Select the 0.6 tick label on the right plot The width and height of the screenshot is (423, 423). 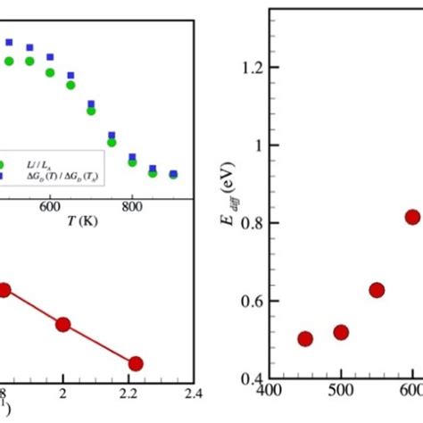256,301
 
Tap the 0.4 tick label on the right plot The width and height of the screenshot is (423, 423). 256,379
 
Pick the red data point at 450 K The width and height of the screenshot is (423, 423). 304,339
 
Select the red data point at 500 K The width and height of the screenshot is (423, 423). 341,333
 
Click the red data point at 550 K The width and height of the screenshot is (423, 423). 377,290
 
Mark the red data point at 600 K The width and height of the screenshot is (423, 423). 412,217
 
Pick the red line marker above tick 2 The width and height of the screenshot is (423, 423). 62,325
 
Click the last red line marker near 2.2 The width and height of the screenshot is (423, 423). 136,363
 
